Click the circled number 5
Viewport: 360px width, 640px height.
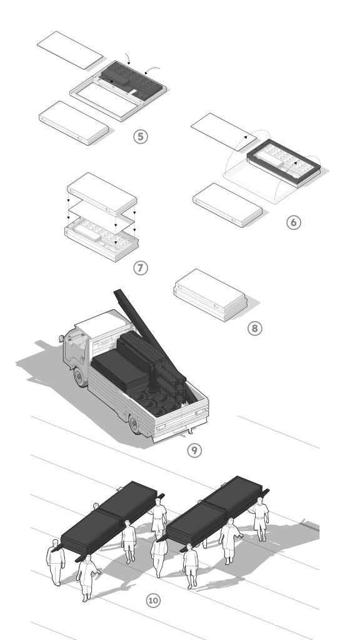(x=141, y=136)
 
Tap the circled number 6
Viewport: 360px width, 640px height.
(x=294, y=222)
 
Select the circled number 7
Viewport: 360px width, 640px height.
(x=141, y=268)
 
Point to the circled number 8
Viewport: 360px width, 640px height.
(x=255, y=329)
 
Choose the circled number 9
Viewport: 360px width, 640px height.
(x=194, y=450)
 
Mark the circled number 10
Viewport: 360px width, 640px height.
(x=153, y=601)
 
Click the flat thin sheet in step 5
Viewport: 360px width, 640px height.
(x=70, y=50)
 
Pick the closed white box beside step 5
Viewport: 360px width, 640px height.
(x=74, y=123)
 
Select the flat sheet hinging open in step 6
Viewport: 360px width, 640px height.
(x=224, y=132)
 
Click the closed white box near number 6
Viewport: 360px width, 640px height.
(x=227, y=205)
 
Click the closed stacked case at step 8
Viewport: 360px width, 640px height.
(x=211, y=295)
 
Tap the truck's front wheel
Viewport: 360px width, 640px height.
(x=81, y=376)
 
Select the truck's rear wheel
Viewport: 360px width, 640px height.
(x=135, y=424)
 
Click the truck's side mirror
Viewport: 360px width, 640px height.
(x=61, y=339)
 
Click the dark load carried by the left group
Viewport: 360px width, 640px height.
(x=109, y=516)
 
